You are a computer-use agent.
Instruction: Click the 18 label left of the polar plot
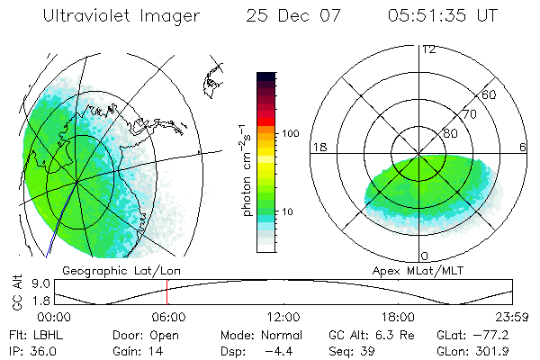click(318, 147)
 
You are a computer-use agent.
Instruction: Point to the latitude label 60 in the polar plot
click(490, 94)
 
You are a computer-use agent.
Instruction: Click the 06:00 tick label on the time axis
click(168, 316)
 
